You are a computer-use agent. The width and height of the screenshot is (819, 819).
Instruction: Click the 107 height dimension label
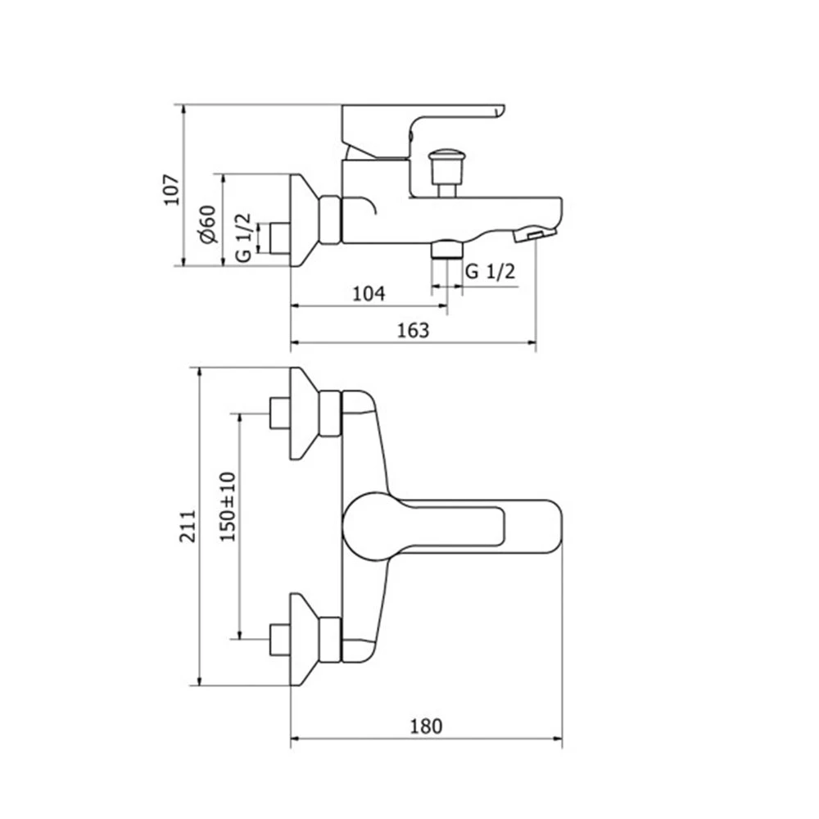(172, 190)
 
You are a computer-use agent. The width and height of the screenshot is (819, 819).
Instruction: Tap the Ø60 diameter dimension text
(208, 224)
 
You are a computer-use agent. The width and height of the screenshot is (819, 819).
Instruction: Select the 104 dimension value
(369, 294)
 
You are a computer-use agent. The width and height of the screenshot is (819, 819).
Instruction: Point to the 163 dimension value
(413, 330)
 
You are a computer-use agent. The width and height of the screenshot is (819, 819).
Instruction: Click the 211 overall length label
(188, 526)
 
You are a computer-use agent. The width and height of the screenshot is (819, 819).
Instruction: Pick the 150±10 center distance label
(228, 507)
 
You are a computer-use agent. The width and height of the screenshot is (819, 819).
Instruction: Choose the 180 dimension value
(426, 726)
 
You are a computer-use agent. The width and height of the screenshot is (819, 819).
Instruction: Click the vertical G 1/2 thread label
(243, 238)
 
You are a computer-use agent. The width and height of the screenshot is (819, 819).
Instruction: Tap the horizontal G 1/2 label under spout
(490, 271)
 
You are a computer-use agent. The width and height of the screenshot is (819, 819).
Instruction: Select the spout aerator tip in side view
(536, 233)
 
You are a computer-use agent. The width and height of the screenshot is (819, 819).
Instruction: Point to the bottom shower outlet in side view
(447, 249)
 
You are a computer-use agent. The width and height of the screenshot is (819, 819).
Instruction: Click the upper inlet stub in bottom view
(280, 414)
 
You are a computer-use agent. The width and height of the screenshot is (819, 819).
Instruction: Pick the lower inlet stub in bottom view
(280, 640)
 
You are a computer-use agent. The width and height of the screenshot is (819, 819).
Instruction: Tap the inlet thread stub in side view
(280, 238)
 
